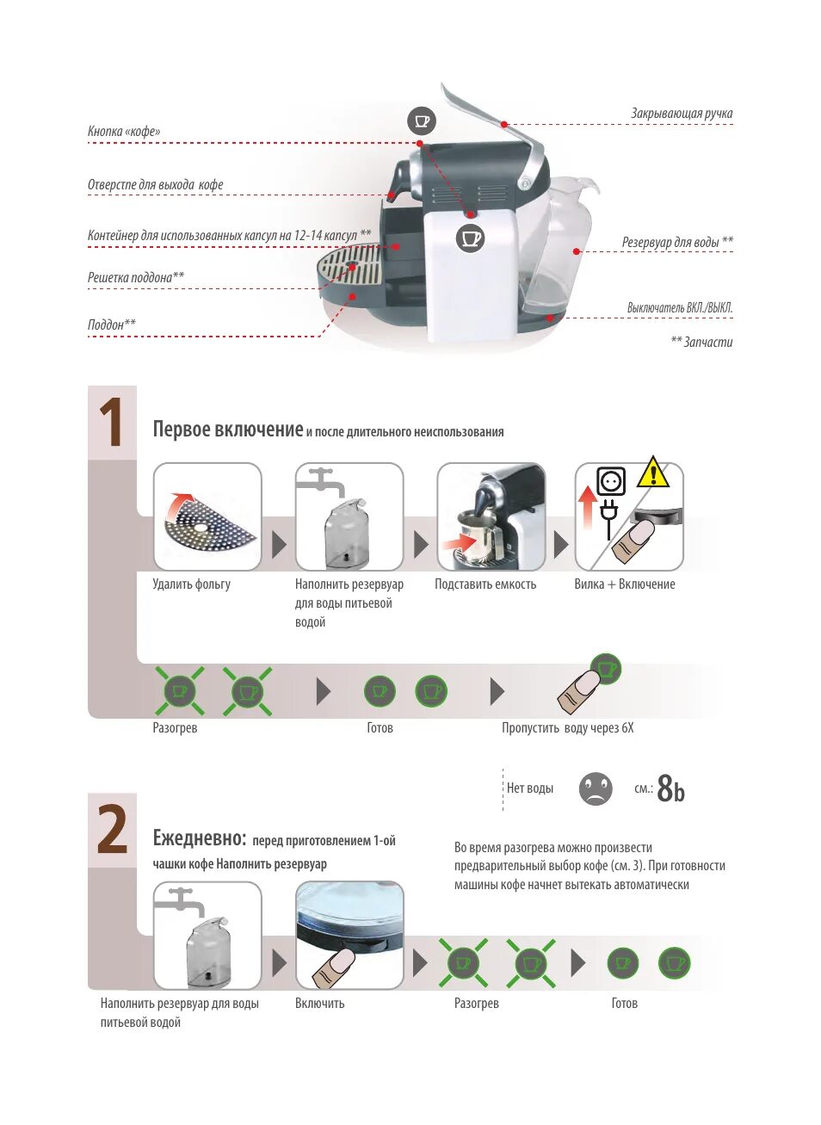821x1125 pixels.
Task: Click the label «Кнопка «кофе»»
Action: (124, 132)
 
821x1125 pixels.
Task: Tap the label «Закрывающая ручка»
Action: (681, 114)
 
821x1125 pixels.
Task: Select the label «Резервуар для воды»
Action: (676, 243)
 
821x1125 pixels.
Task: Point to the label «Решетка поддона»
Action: (135, 277)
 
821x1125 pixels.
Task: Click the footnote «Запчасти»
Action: (701, 343)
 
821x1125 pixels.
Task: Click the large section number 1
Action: (112, 423)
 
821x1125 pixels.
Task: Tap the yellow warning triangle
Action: (653, 473)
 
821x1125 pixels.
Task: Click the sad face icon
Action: (596, 788)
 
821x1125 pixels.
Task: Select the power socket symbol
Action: (611, 480)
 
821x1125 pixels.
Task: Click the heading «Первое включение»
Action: (227, 430)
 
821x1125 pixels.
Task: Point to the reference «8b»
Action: (671, 788)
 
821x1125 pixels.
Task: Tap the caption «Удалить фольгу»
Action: (191, 584)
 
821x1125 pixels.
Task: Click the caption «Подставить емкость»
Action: (485, 584)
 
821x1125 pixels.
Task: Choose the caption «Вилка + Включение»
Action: (625, 584)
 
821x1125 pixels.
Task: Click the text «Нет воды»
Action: (530, 788)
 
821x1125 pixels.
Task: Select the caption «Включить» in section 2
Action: (319, 1004)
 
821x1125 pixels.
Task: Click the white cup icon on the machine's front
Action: (470, 238)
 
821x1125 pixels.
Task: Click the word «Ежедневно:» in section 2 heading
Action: (200, 838)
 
